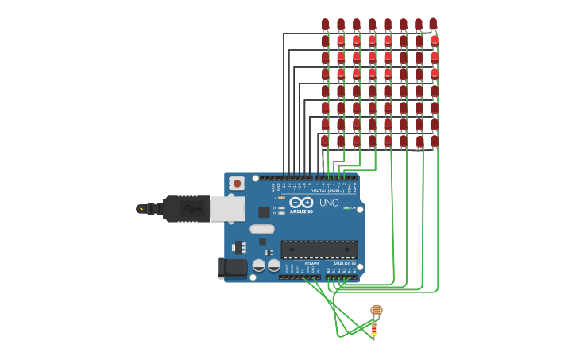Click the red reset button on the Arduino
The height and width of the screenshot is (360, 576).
tap(236, 183)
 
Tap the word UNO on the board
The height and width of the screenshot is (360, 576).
tap(329, 203)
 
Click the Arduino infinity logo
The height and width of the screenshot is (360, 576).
tap(301, 202)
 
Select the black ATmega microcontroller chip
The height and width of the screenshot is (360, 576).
tap(319, 249)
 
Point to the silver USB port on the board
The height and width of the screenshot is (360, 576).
tap(227, 208)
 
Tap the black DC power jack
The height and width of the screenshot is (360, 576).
tap(233, 268)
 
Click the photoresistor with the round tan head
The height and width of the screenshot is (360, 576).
tap(377, 310)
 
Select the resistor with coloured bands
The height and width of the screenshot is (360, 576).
tap(373, 327)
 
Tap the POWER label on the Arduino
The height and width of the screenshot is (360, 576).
tap(312, 263)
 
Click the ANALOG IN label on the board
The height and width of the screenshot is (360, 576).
tap(343, 263)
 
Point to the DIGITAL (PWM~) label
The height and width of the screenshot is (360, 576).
tap(327, 191)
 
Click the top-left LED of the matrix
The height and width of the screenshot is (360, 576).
tap(325, 25)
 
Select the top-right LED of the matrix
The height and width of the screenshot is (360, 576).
tap(433, 24)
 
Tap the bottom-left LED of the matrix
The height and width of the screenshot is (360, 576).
tap(324, 141)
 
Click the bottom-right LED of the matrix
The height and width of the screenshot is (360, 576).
tap(435, 141)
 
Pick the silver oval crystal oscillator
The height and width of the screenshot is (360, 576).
tap(262, 229)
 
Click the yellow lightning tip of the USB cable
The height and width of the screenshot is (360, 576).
tap(141, 209)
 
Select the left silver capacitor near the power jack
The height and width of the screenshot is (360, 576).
tap(259, 265)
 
